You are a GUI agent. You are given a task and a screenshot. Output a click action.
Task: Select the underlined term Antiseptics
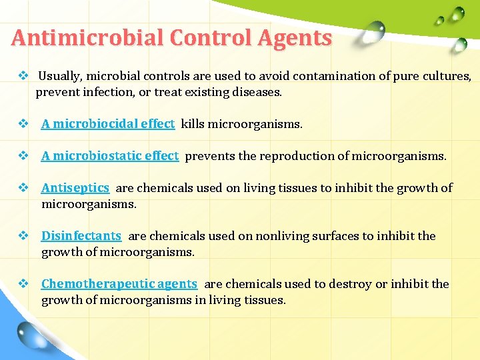pyautogui.click(x=75, y=188)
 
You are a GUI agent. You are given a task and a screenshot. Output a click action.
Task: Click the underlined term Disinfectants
pyautogui.click(x=81, y=236)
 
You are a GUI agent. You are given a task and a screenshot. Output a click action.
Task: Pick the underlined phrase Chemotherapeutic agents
pyautogui.click(x=119, y=284)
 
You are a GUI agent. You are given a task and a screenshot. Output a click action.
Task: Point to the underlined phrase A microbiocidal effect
pyautogui.click(x=107, y=124)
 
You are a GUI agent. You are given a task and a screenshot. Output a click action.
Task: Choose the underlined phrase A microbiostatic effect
pyautogui.click(x=109, y=156)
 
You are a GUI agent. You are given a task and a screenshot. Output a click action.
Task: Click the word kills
pyautogui.click(x=193, y=124)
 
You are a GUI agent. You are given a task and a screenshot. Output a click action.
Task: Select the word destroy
pyautogui.click(x=350, y=284)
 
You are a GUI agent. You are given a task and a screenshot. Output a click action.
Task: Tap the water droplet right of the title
pyautogui.click(x=375, y=29)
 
